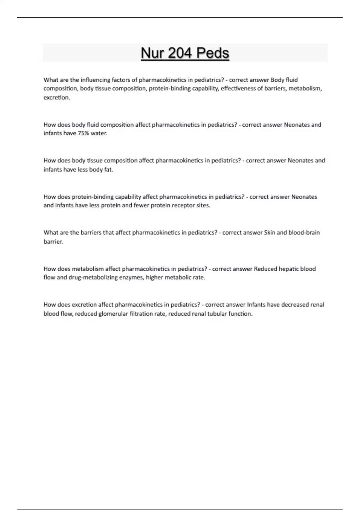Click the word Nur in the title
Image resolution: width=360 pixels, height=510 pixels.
152,53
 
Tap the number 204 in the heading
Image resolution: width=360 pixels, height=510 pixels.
180,53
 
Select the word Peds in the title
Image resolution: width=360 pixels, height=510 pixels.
213,53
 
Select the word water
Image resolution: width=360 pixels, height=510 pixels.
99,133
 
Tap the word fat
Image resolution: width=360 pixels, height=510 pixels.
109,169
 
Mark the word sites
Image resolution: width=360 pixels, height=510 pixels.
203,205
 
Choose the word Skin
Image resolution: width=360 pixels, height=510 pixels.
270,232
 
